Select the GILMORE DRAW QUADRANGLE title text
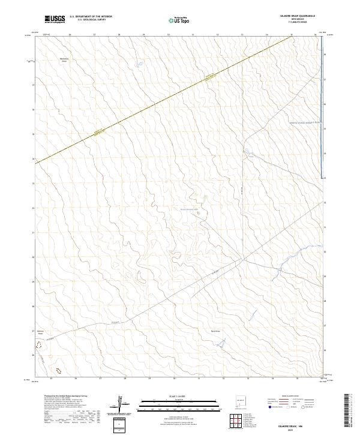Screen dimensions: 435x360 (x=298, y=16)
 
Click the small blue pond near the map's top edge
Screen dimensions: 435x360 (x=139, y=62)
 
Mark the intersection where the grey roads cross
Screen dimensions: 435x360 (x=242, y=260)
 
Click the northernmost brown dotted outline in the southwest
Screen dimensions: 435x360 (x=40, y=345)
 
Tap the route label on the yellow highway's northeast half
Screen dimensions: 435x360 (x=209, y=76)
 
